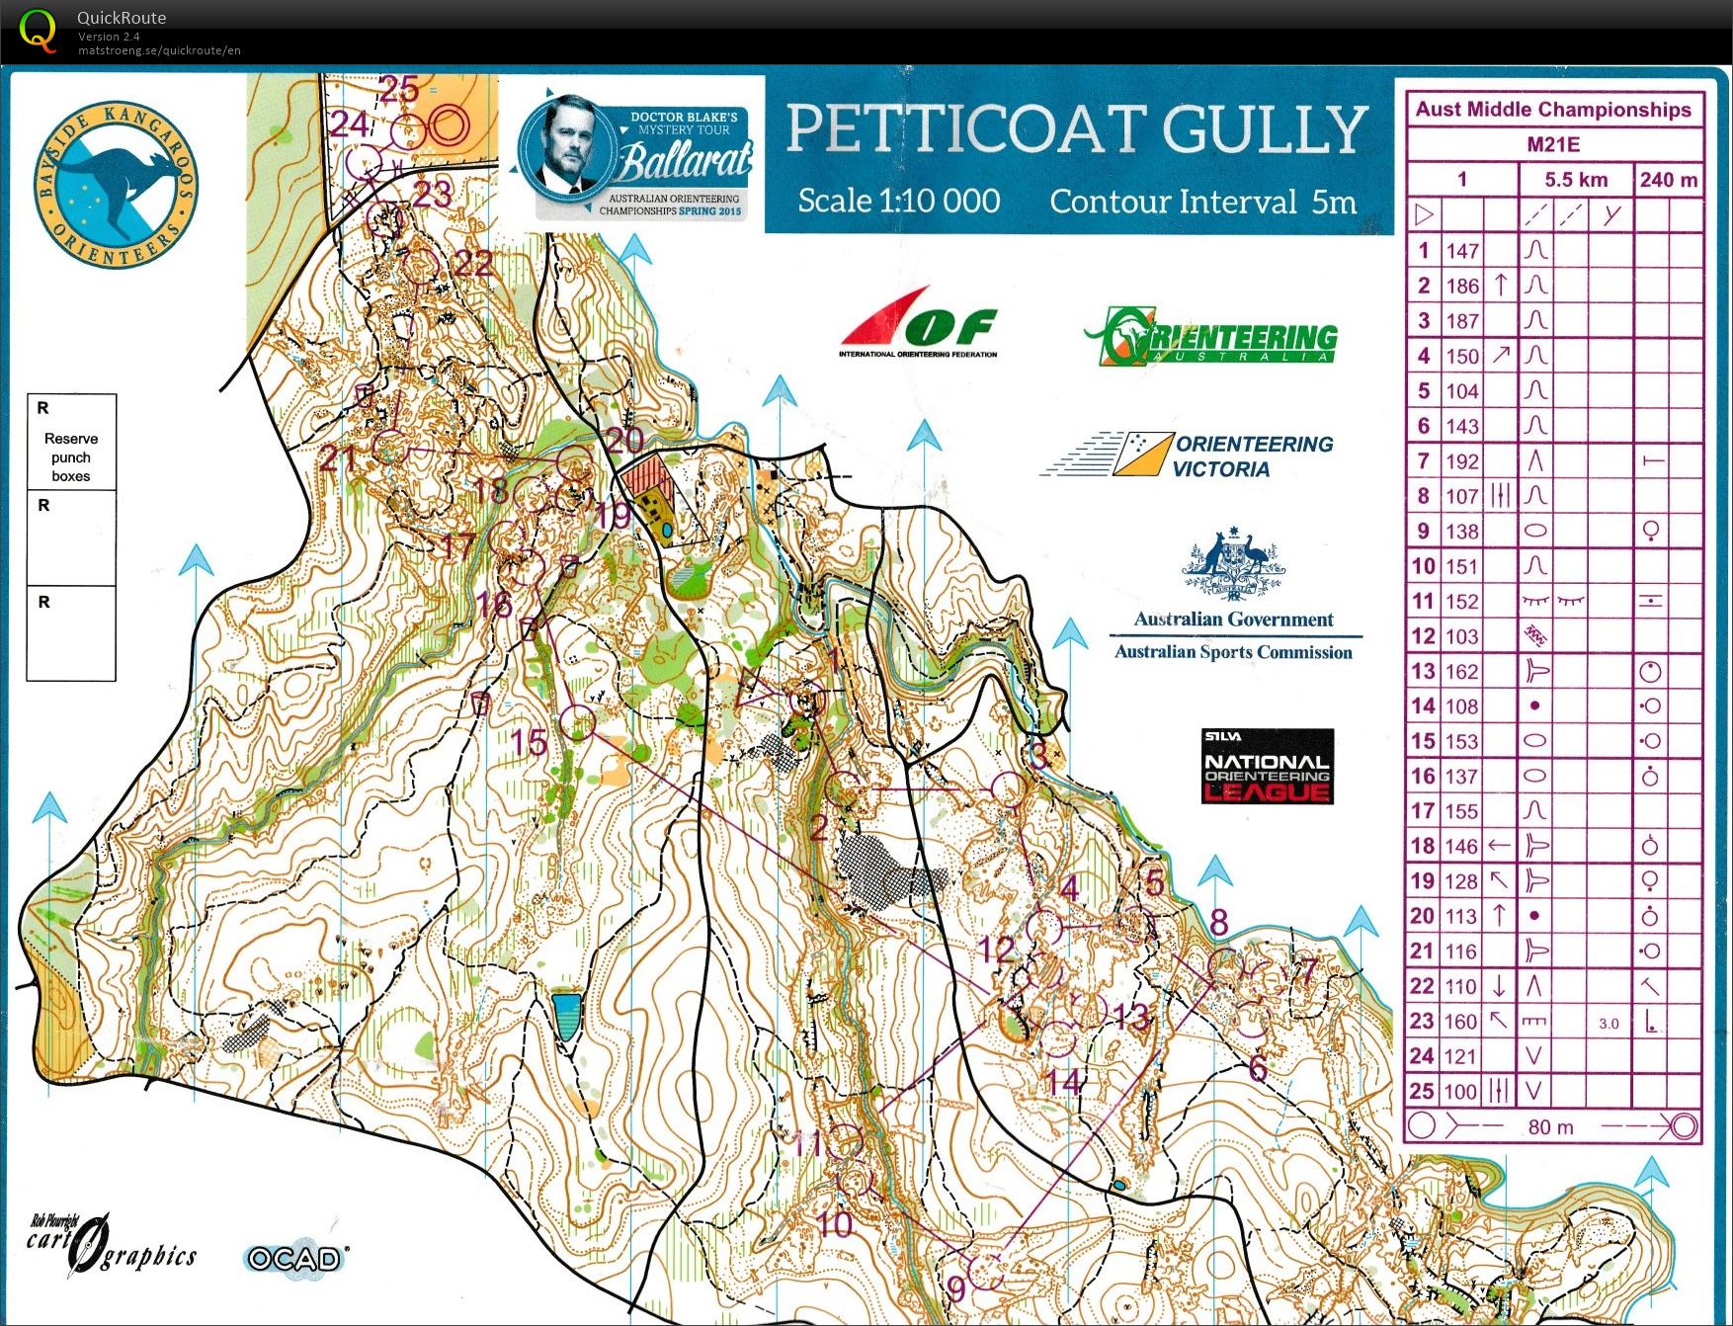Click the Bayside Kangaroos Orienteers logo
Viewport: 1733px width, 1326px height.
click(x=117, y=185)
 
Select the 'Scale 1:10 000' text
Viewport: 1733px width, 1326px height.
click(x=898, y=202)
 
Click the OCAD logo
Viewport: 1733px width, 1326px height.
click(x=294, y=1258)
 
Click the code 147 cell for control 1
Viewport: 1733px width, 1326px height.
click(x=1462, y=251)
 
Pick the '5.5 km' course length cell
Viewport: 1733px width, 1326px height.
click(x=1576, y=180)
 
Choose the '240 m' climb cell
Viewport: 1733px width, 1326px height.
click(x=1669, y=180)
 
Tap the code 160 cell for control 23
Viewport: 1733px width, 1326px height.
click(x=1462, y=1022)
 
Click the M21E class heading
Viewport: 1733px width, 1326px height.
click(x=1553, y=144)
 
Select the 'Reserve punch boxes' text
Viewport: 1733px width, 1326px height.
click(x=71, y=456)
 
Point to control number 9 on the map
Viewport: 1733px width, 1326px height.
click(x=955, y=1287)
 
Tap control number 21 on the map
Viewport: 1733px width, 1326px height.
click(x=338, y=457)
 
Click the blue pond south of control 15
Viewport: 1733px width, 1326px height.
click(x=566, y=1016)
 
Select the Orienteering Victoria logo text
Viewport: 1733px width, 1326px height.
click(x=1252, y=456)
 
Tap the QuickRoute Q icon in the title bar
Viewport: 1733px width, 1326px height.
click(x=38, y=30)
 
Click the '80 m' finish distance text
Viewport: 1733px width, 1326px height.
click(x=1550, y=1127)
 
